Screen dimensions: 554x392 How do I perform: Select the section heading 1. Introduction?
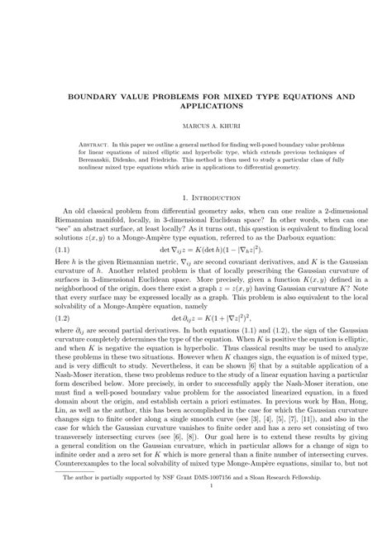196,198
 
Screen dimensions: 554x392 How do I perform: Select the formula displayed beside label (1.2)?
216,340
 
